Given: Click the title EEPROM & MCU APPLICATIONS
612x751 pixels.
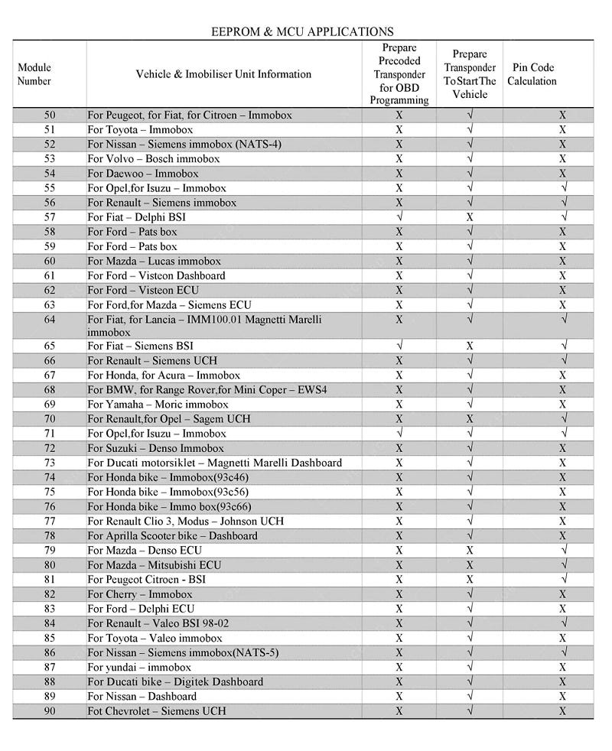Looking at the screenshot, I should click(x=302, y=31).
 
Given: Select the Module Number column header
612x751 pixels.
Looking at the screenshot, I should click(x=34, y=74).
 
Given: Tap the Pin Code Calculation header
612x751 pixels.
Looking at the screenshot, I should click(x=532, y=74).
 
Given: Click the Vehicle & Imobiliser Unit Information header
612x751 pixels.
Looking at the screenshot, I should click(x=223, y=74).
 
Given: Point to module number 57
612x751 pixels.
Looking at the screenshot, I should click(x=50, y=217).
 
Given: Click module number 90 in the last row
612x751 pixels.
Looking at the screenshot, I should click(x=50, y=711).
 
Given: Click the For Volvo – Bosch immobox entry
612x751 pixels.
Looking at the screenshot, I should click(x=153, y=159).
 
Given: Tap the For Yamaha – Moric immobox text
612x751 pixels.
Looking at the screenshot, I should click(x=158, y=405).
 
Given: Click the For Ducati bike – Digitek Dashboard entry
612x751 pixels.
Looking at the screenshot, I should click(x=175, y=682).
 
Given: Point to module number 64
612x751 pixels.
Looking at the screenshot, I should click(x=50, y=319).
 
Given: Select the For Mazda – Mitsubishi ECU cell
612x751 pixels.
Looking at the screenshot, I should click(x=154, y=565).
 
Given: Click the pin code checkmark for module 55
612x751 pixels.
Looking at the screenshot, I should click(x=563, y=188).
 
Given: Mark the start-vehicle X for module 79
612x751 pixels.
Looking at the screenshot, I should click(x=470, y=551).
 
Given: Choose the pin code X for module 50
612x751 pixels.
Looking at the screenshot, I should click(x=562, y=115).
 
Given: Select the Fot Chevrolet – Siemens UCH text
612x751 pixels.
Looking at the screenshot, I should click(x=157, y=711).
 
